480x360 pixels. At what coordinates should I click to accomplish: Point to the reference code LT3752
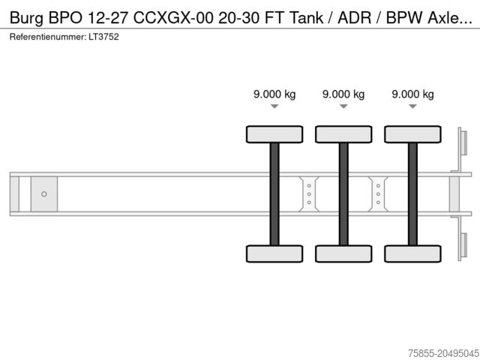coord(104,36)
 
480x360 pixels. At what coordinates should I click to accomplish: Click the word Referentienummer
coord(48,36)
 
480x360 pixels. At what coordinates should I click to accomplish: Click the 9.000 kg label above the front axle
coord(274,94)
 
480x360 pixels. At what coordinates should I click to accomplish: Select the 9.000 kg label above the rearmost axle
coord(412,94)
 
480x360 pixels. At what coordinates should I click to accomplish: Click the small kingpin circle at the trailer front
coord(44,194)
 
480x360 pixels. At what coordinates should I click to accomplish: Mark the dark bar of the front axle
coord(274,193)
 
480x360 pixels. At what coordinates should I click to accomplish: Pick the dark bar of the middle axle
coord(343,193)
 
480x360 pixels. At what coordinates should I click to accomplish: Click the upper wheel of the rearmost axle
coord(412,134)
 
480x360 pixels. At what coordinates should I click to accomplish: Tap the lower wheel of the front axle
coord(274,253)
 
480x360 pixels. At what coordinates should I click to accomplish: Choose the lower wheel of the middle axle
coord(343,253)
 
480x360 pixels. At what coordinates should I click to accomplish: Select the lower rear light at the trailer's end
coord(463,247)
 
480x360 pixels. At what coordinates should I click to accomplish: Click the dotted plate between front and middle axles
coord(308,193)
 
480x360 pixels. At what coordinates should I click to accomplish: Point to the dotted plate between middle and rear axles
coord(378,193)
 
